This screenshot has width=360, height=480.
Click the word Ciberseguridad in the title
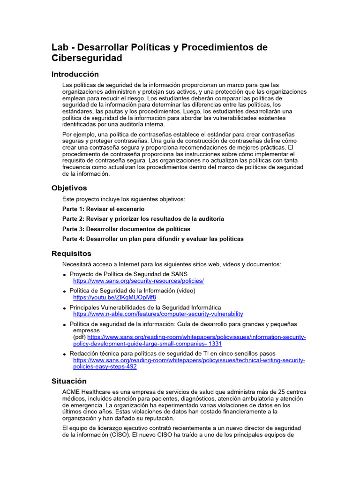[x=87, y=58]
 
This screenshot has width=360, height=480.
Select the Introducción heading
[x=75, y=74]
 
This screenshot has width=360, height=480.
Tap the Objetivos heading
[x=69, y=188]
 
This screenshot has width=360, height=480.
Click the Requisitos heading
[x=71, y=254]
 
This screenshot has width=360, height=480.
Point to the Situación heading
[x=69, y=381]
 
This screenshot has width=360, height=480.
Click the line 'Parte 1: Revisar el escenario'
[x=103, y=209]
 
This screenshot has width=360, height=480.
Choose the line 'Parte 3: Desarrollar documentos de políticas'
[x=126, y=229]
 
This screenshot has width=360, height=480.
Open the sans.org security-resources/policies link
[x=138, y=281]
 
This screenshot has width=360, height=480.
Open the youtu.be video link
[x=114, y=297]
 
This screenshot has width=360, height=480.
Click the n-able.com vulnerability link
[x=158, y=314]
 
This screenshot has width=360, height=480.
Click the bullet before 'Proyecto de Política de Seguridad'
[x=65, y=275]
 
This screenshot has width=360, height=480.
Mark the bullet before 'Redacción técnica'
[x=65, y=354]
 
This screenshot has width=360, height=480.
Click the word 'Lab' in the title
[x=60, y=47]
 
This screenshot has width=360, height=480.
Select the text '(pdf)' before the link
[x=79, y=337]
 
